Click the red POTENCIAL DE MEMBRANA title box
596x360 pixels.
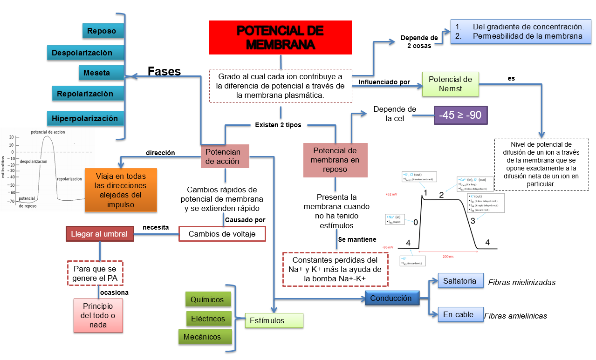click(280, 37)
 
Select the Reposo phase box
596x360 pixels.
click(101, 31)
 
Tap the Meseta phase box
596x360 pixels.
click(97, 73)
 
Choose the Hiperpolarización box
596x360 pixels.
click(85, 118)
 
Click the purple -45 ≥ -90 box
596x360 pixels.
click(460, 115)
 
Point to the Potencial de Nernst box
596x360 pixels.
click(450, 84)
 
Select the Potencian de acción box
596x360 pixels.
click(225, 156)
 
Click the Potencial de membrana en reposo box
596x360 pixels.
click(335, 160)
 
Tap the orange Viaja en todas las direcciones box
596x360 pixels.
click(121, 190)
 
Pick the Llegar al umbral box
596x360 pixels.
click(99, 234)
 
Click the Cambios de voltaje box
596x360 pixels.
click(222, 234)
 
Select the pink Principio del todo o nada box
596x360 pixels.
click(98, 315)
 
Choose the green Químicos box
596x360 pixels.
click(207, 300)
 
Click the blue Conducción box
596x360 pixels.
click(391, 298)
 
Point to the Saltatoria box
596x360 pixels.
click(460, 281)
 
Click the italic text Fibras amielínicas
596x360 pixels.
click(515, 316)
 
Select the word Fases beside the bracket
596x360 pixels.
click(164, 71)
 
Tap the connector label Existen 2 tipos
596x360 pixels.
click(278, 125)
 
